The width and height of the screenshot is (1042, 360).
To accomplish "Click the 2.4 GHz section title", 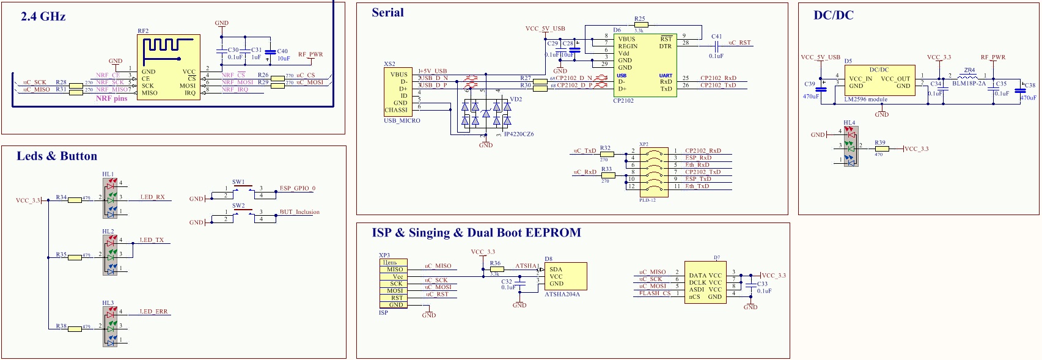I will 43,17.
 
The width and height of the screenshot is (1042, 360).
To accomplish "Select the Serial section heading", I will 387,12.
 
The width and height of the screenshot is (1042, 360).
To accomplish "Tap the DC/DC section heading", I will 833,15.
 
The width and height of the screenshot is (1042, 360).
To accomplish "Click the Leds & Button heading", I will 57,156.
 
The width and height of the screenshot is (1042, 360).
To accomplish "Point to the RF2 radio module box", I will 168,67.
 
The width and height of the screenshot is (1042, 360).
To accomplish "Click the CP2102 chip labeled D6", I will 645,65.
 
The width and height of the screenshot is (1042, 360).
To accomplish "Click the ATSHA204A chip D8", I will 565,276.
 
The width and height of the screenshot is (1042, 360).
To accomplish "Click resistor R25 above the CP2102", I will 640,25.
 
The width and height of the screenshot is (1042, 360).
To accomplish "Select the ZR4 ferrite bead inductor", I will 969,77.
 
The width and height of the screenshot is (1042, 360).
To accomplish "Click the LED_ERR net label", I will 153,312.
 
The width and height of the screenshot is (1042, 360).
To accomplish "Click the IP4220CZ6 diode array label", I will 518,134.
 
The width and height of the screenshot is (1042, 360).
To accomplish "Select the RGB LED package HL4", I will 850,146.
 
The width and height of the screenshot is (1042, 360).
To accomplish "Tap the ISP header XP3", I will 393,284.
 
